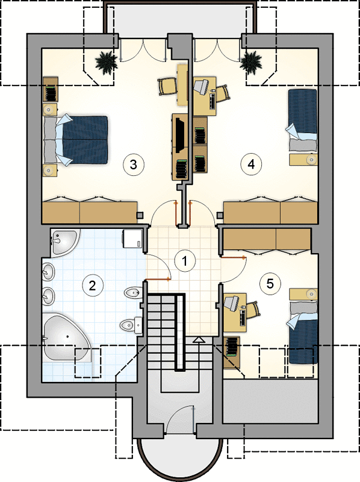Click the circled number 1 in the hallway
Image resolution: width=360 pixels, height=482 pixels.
(x=185, y=261)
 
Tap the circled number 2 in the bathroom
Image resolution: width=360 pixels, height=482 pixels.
(x=92, y=286)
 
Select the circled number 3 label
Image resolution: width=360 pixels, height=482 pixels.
(x=133, y=164)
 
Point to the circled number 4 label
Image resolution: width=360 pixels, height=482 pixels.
(x=251, y=164)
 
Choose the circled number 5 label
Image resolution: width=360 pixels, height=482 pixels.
(x=270, y=283)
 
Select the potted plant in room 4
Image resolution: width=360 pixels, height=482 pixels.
(x=250, y=63)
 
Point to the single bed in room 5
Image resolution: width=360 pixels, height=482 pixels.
(x=303, y=333)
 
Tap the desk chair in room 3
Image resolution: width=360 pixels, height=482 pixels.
(x=168, y=86)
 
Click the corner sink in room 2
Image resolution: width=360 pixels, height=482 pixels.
(x=64, y=242)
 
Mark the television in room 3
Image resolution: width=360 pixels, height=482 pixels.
(x=179, y=134)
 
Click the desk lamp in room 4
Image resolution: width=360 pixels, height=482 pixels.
(x=202, y=86)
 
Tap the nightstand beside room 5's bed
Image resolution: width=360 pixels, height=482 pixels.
(x=304, y=293)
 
